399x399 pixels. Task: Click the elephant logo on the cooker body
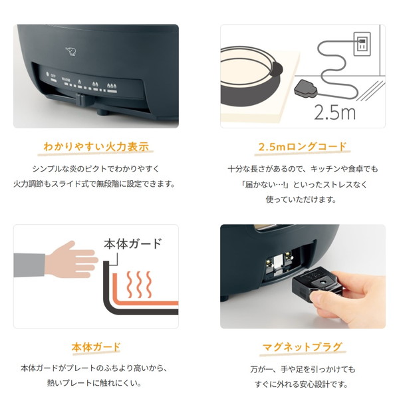tap(71, 51)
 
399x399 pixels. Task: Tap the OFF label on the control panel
tap(53, 76)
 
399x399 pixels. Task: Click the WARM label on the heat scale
tap(66, 79)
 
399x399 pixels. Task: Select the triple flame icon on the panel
tap(112, 86)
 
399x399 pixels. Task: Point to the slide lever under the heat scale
tap(81, 99)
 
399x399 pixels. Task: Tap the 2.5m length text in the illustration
tap(334, 112)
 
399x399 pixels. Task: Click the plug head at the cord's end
tap(306, 89)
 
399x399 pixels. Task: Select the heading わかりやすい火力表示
tap(96, 147)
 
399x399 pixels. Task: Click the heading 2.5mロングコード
tap(303, 147)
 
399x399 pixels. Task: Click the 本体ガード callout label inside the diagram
tap(132, 243)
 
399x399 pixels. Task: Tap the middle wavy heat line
tap(139, 285)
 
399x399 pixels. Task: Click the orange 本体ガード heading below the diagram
tap(96, 347)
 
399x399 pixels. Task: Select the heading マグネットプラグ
tap(303, 347)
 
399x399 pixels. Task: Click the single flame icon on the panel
tap(80, 82)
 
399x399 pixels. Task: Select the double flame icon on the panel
tap(95, 84)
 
